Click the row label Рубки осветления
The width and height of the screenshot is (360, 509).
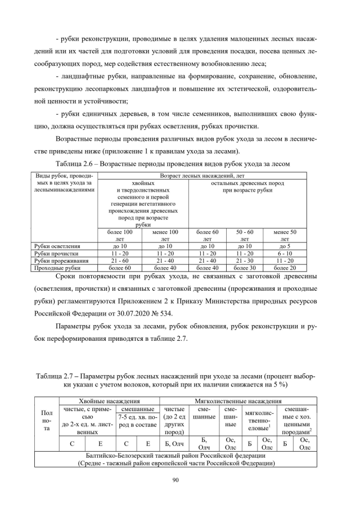click(x=56, y=246)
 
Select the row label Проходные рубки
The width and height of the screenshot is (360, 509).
click(x=55, y=268)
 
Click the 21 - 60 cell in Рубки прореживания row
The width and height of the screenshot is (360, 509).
click(x=120, y=261)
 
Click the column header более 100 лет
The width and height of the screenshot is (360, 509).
click(x=120, y=235)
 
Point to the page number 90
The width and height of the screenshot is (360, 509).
click(x=179, y=479)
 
